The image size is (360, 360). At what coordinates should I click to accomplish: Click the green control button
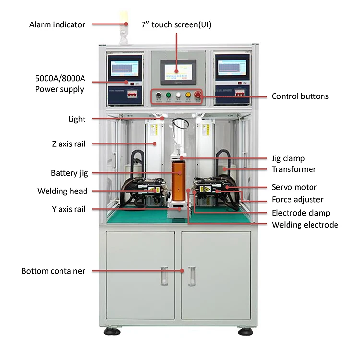point(168,96)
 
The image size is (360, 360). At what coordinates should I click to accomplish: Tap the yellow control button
point(189,96)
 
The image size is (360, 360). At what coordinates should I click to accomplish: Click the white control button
point(179,96)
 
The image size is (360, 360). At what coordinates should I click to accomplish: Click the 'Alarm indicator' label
point(57,24)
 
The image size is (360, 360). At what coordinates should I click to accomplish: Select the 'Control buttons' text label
point(300,96)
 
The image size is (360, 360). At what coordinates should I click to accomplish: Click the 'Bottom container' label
point(53,271)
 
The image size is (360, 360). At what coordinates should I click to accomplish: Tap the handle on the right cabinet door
point(191,276)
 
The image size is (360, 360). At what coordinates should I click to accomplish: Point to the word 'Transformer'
point(294,169)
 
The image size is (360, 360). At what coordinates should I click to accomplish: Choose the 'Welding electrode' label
point(305,225)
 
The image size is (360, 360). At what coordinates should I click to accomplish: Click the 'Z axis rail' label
point(68,144)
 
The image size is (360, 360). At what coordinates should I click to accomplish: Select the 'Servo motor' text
point(294,187)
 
